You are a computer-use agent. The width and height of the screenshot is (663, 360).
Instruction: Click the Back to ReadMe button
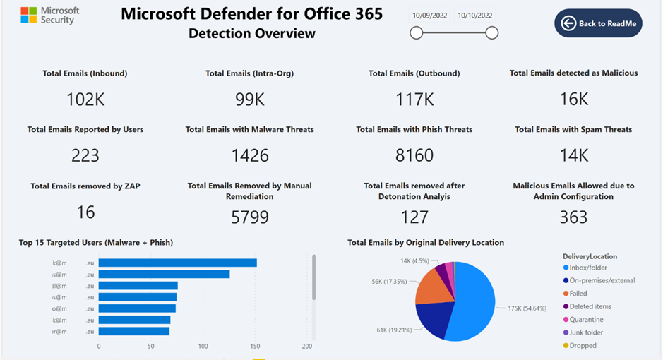[598, 23]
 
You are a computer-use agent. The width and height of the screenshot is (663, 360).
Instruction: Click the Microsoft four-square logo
[28, 15]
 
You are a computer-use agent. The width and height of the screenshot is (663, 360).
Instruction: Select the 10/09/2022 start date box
[429, 16]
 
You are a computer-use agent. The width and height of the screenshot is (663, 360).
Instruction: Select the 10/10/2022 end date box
[474, 16]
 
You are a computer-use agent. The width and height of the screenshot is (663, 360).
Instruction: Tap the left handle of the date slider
[417, 32]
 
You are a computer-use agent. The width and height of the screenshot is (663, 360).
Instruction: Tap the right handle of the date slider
[492, 32]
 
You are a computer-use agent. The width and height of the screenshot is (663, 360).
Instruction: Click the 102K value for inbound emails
[85, 100]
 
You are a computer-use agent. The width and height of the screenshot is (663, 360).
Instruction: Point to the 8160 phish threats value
[414, 155]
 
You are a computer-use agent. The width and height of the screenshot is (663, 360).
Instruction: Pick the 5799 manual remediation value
[250, 217]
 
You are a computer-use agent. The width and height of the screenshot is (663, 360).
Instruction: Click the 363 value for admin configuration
[573, 217]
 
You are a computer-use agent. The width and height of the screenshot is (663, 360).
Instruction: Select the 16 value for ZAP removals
[85, 212]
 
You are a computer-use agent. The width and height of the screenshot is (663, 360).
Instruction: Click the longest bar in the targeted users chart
[177, 263]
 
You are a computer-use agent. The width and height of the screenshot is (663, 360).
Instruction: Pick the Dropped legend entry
[583, 346]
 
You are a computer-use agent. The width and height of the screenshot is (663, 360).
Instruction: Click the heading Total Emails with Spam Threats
[573, 129]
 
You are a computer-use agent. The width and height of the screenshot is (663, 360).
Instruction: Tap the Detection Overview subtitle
[252, 33]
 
